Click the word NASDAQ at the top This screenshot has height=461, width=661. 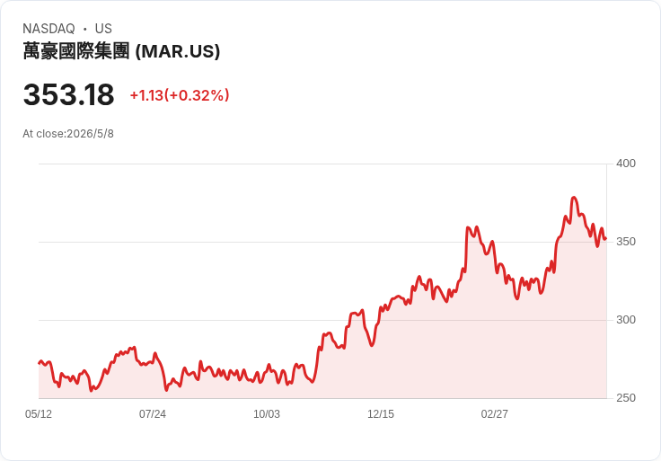tap(48, 29)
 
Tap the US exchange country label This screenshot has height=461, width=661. tap(103, 29)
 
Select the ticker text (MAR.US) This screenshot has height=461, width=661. tap(178, 51)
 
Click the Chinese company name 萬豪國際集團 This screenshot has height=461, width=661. tap(75, 51)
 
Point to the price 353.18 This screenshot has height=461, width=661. tap(69, 94)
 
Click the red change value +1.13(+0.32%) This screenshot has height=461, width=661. tap(180, 95)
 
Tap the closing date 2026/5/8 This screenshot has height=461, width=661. tap(90, 134)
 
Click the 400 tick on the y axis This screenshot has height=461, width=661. tap(626, 164)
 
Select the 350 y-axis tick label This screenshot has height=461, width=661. tap(626, 242)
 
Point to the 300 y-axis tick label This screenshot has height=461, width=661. tap(626, 320)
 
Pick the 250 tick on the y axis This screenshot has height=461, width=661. tap(626, 398)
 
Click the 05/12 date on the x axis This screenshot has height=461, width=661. tap(39, 414)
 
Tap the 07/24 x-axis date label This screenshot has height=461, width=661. tap(153, 414)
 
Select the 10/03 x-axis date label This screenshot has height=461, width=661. tap(267, 414)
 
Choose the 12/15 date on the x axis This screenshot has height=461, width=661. tap(381, 414)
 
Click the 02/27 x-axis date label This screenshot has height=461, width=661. tap(495, 414)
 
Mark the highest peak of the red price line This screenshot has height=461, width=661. tap(574, 198)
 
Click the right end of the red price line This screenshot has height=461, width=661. tap(606, 239)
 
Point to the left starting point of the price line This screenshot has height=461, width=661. tap(40, 363)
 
